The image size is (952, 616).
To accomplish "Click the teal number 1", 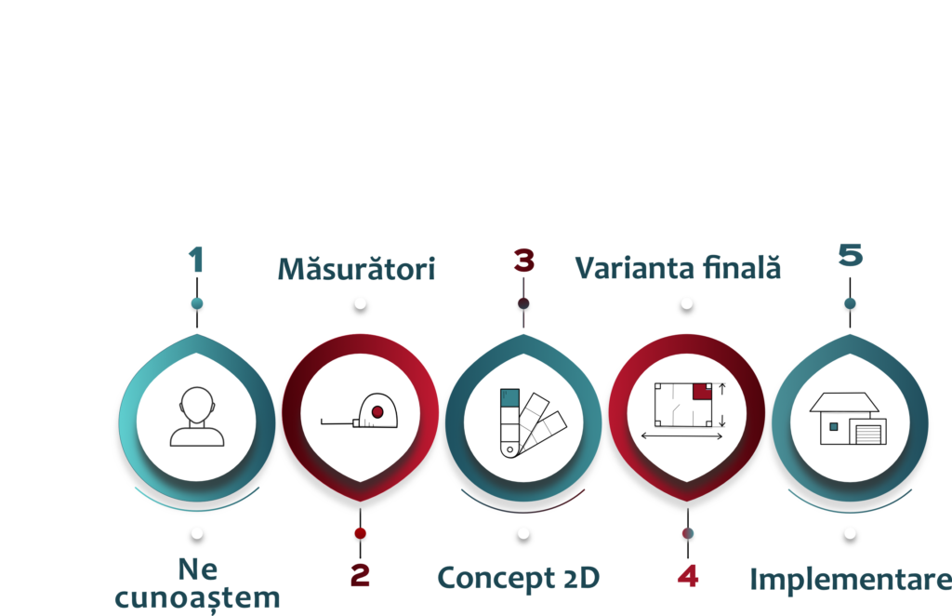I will pos(196,260).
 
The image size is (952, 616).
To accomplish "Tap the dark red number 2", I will pos(360,576).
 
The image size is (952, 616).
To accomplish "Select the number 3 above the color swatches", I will pos(523,260).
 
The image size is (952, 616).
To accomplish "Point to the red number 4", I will pos(687,576).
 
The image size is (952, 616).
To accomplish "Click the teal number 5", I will pos(850,255).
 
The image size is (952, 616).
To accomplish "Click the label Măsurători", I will pos(357,270).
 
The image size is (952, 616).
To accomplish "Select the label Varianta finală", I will pos(678,268).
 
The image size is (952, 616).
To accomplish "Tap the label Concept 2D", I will pos(520,578).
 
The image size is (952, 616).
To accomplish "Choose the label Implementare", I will pos(850,579).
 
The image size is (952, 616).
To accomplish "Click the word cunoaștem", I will pos(196,596).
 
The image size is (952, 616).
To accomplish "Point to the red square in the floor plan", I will pos(702,391).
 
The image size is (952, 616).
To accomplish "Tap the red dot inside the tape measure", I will pos(377,411).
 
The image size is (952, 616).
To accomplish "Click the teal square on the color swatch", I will pos(509,397).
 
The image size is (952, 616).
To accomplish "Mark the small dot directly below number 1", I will pos(196,303).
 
